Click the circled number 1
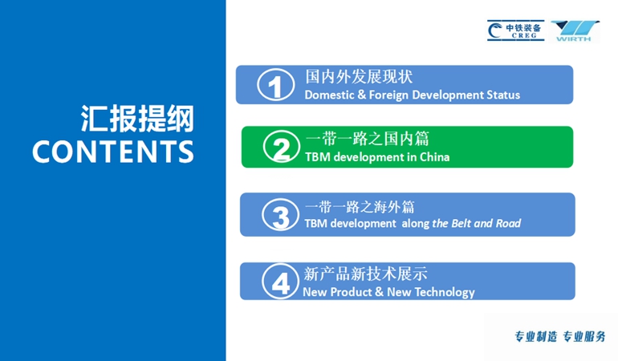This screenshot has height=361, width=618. (276, 85)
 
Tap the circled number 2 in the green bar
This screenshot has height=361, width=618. (282, 147)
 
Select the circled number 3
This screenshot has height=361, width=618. (281, 215)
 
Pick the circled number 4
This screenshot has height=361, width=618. (281, 281)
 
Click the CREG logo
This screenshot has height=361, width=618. (516, 30)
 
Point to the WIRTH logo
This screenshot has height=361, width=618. (575, 30)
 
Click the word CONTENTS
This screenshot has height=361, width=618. (113, 152)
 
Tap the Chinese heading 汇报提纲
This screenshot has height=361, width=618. (137, 118)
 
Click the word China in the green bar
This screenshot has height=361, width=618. (435, 157)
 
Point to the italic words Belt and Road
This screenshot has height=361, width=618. (486, 224)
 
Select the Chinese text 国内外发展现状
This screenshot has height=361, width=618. (359, 76)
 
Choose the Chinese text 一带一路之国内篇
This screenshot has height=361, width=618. (367, 139)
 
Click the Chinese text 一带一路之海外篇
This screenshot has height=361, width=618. (360, 207)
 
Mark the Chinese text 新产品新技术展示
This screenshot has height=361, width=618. (365, 274)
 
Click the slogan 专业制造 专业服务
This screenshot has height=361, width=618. (560, 337)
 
